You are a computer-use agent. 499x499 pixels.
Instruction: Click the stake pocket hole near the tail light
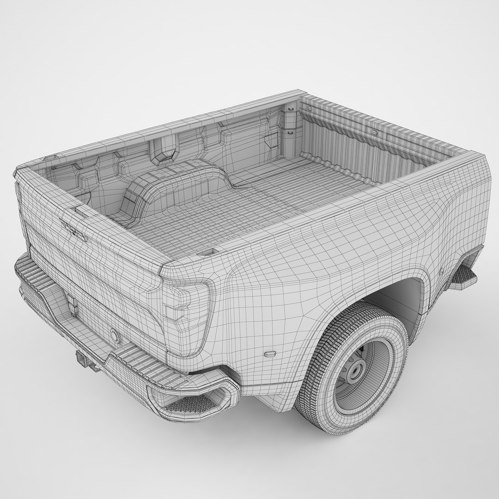[207, 253]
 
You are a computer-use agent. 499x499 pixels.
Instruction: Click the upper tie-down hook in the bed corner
[291, 109]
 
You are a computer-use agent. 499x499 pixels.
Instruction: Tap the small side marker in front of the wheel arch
[441, 268]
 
